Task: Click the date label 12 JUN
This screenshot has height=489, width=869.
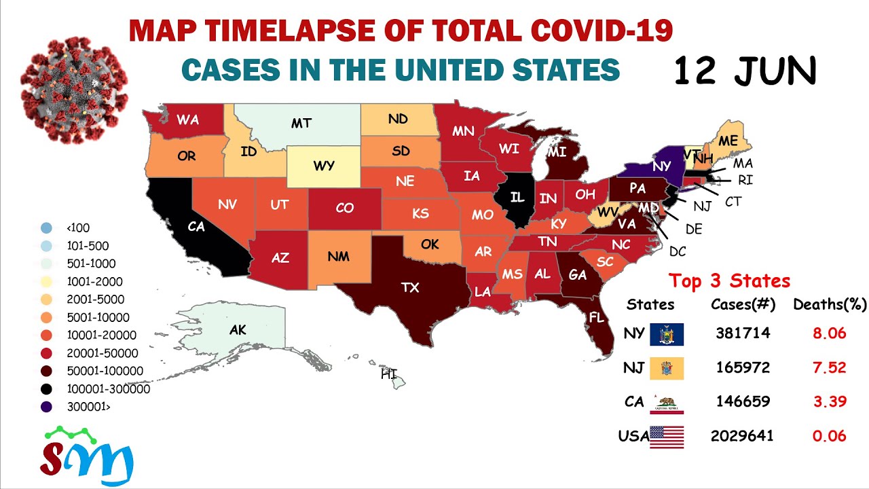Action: click(x=745, y=71)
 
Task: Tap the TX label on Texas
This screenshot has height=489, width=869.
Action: click(x=410, y=287)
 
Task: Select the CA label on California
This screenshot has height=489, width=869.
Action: click(x=196, y=227)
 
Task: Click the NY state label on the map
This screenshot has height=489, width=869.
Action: click(x=662, y=166)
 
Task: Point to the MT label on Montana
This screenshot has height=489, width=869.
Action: click(x=301, y=123)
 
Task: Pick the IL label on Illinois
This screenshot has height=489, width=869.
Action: click(x=518, y=198)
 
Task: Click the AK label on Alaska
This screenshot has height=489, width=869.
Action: click(x=238, y=331)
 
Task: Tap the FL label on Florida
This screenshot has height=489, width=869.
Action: click(x=597, y=317)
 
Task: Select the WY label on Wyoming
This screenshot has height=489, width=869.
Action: click(x=324, y=166)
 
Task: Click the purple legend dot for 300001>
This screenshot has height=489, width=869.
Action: click(x=45, y=407)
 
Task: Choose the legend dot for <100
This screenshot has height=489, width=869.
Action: click(x=45, y=228)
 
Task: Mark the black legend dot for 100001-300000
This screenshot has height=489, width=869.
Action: click(x=45, y=389)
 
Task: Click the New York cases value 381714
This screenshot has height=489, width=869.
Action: click(x=743, y=333)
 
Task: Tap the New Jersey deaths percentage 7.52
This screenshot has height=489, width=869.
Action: click(x=830, y=367)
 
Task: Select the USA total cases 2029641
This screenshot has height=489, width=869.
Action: click(x=742, y=436)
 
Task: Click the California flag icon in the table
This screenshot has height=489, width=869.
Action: click(x=667, y=403)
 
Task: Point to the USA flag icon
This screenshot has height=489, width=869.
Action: click(x=667, y=437)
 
